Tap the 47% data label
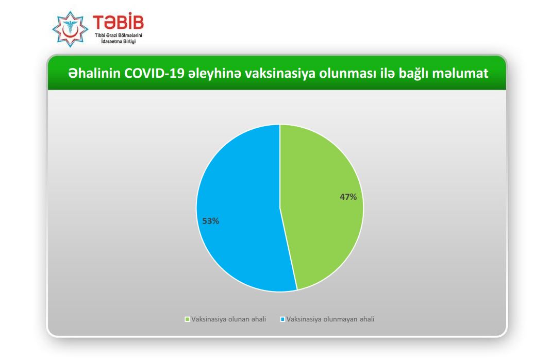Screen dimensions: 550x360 348,197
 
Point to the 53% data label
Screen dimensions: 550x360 210,221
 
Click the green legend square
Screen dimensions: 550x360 187,319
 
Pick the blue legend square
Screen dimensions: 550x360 282,319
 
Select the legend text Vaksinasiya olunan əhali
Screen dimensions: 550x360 228,319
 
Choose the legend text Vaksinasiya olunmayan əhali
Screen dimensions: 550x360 330,319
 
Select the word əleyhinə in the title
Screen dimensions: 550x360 214,74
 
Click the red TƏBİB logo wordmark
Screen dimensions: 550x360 118,22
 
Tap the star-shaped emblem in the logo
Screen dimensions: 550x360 70,29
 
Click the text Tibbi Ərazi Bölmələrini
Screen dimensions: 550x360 118,36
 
